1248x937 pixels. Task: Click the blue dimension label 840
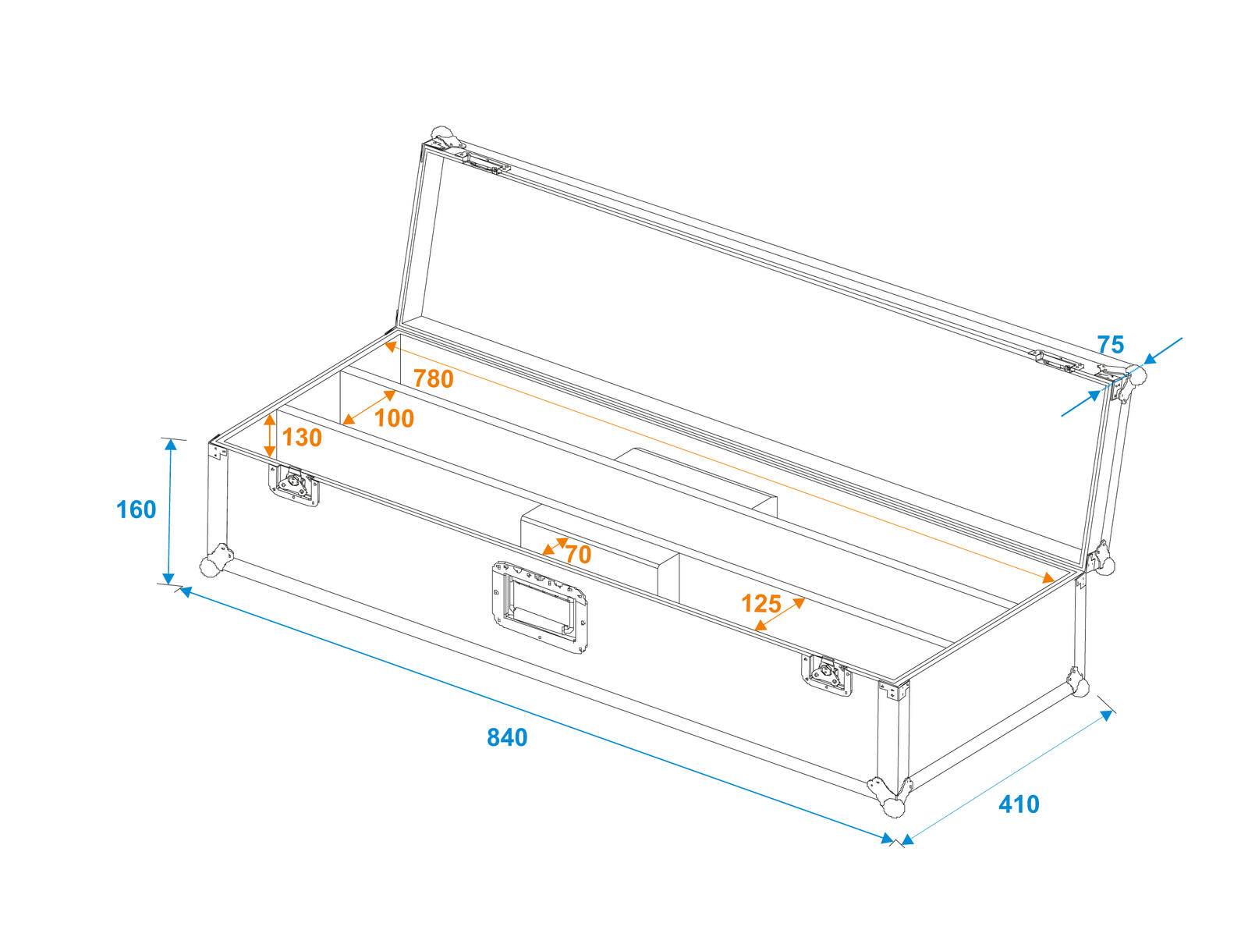click(x=507, y=736)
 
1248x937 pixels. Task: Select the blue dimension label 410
click(x=1019, y=804)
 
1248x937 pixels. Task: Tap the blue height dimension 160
click(x=136, y=509)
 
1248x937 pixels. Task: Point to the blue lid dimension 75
click(x=1110, y=344)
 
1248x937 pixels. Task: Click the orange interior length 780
click(x=433, y=378)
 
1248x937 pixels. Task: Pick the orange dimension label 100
click(x=394, y=419)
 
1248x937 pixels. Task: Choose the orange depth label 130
click(x=301, y=438)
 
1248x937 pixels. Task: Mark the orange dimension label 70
click(x=578, y=555)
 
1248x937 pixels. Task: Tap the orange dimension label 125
click(x=760, y=603)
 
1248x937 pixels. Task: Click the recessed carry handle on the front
click(x=540, y=605)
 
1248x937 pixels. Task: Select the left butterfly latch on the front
click(x=295, y=487)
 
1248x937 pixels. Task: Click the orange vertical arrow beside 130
click(x=270, y=435)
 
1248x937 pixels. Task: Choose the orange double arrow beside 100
click(x=370, y=406)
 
